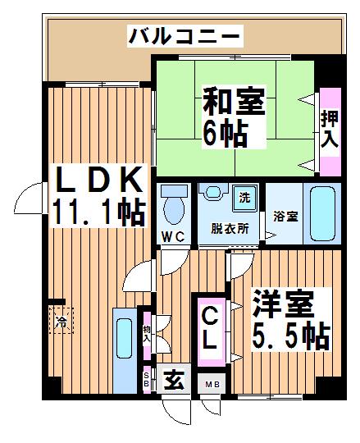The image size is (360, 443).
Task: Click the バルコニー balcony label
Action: (x=185, y=36)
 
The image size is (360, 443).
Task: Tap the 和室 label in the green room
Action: (x=234, y=101)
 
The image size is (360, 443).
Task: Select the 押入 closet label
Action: (x=330, y=129)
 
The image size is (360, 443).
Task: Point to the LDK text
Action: (x=99, y=179)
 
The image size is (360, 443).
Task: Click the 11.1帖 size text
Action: (x=99, y=211)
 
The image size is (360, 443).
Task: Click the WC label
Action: (x=174, y=237)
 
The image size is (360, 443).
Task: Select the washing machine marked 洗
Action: (x=244, y=198)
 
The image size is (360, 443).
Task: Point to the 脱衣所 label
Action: (x=230, y=229)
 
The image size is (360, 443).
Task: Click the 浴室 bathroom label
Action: (x=285, y=217)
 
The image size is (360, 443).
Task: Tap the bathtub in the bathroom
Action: (x=322, y=214)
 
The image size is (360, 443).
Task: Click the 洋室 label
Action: (x=283, y=304)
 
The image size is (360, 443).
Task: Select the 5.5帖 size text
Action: (x=291, y=336)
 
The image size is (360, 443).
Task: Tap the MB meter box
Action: (x=212, y=384)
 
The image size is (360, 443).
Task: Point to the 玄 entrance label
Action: (x=174, y=379)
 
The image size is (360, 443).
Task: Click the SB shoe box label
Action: (x=147, y=380)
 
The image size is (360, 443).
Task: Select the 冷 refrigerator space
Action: (x=62, y=321)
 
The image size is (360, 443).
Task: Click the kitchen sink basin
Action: (x=124, y=339)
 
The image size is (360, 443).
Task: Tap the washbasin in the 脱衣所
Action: (x=213, y=192)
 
